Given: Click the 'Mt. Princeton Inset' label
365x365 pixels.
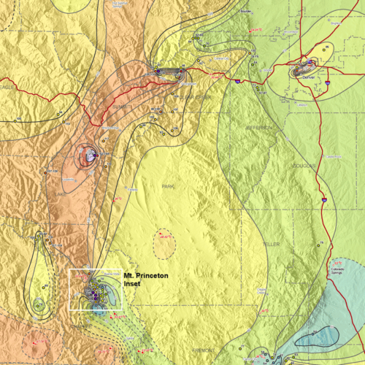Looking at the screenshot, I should pos(141,280).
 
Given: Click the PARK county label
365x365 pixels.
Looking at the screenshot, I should pos(169,187).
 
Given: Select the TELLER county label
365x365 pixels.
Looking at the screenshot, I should pos(271,244).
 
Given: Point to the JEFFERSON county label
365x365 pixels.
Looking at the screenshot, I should pos(261,127).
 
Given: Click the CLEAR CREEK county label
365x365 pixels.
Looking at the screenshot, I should pos(193,96).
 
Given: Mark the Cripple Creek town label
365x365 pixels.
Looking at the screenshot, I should pos(261,291).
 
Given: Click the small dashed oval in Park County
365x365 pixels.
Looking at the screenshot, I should pos(164,244).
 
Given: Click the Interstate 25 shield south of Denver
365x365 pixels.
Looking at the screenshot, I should pos(322,198).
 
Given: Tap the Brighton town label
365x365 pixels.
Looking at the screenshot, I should pos(335,23).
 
